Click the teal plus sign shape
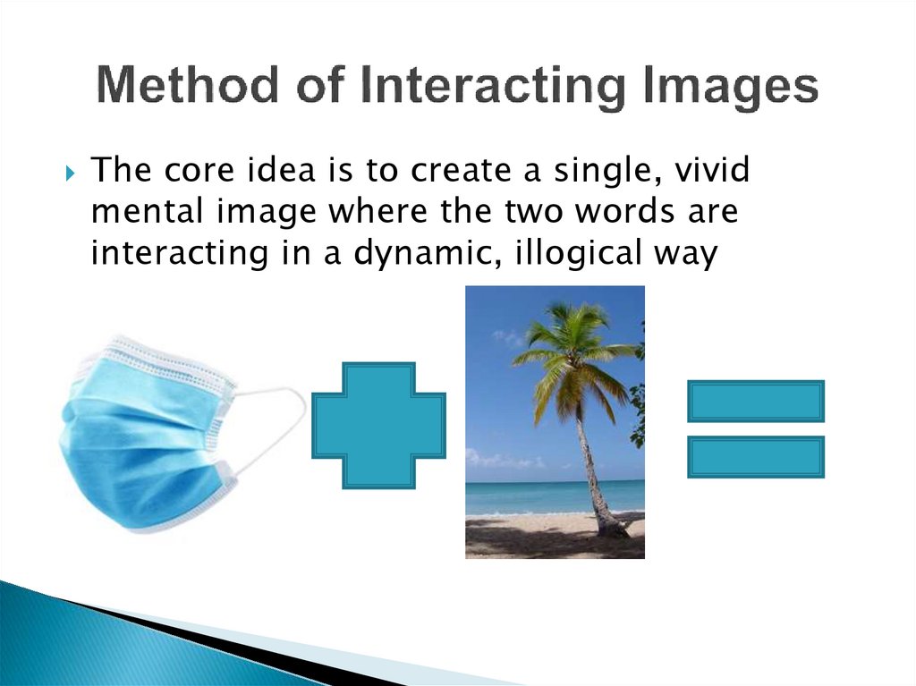point(378,425)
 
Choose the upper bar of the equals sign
point(755,401)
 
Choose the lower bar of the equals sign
point(755,456)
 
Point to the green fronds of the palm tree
point(572,344)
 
